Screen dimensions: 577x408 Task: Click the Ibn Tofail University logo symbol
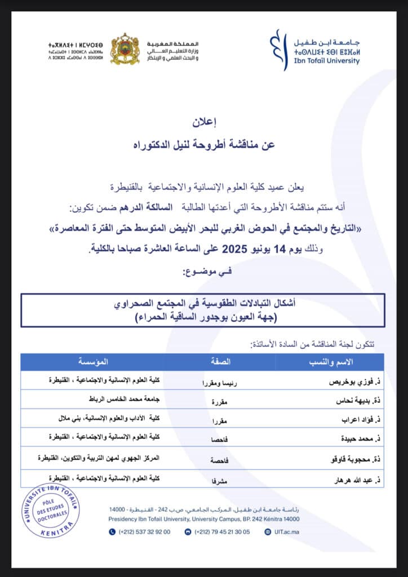click(276, 50)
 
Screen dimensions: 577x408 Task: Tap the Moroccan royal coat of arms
click(125, 49)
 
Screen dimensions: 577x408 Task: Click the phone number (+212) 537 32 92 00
click(144, 531)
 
